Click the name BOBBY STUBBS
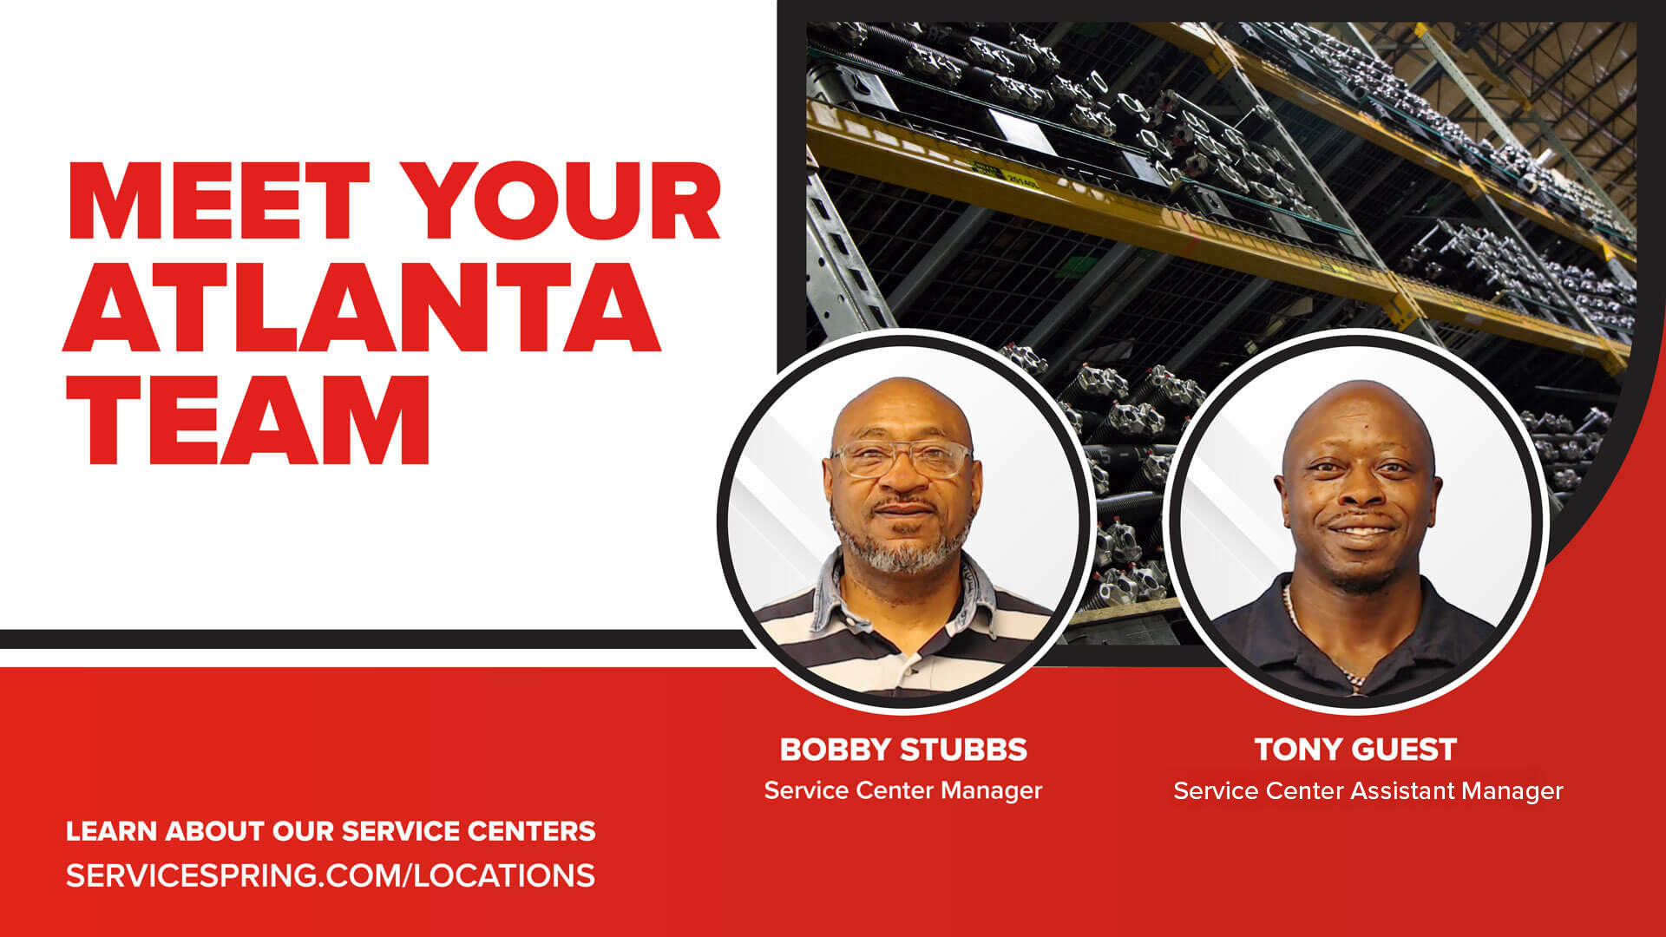[903, 750]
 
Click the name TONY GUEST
[1355, 750]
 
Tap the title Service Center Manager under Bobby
[903, 790]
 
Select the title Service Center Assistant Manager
[1368, 791]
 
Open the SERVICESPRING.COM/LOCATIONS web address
[331, 875]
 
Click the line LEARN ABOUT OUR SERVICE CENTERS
[331, 831]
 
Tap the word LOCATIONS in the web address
[504, 875]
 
